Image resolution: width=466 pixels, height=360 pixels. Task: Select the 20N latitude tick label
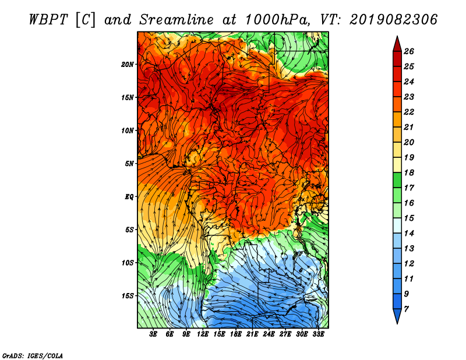[128, 64]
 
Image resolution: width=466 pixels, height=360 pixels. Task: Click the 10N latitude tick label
[128, 130]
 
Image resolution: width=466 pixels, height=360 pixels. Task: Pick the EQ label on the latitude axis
[129, 197]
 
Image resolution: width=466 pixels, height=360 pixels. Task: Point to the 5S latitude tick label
[130, 230]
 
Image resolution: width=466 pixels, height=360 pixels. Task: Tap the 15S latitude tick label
[128, 296]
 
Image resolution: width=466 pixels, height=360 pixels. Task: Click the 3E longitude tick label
[154, 334]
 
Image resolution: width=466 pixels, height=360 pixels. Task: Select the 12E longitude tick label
[203, 334]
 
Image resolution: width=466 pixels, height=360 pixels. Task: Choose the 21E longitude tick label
[252, 334]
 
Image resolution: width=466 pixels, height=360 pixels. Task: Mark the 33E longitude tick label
[318, 334]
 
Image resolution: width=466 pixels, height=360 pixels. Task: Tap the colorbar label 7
[414, 309]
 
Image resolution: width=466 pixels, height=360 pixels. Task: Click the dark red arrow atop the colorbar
[397, 43]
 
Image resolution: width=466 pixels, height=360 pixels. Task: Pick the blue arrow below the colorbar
[397, 316]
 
